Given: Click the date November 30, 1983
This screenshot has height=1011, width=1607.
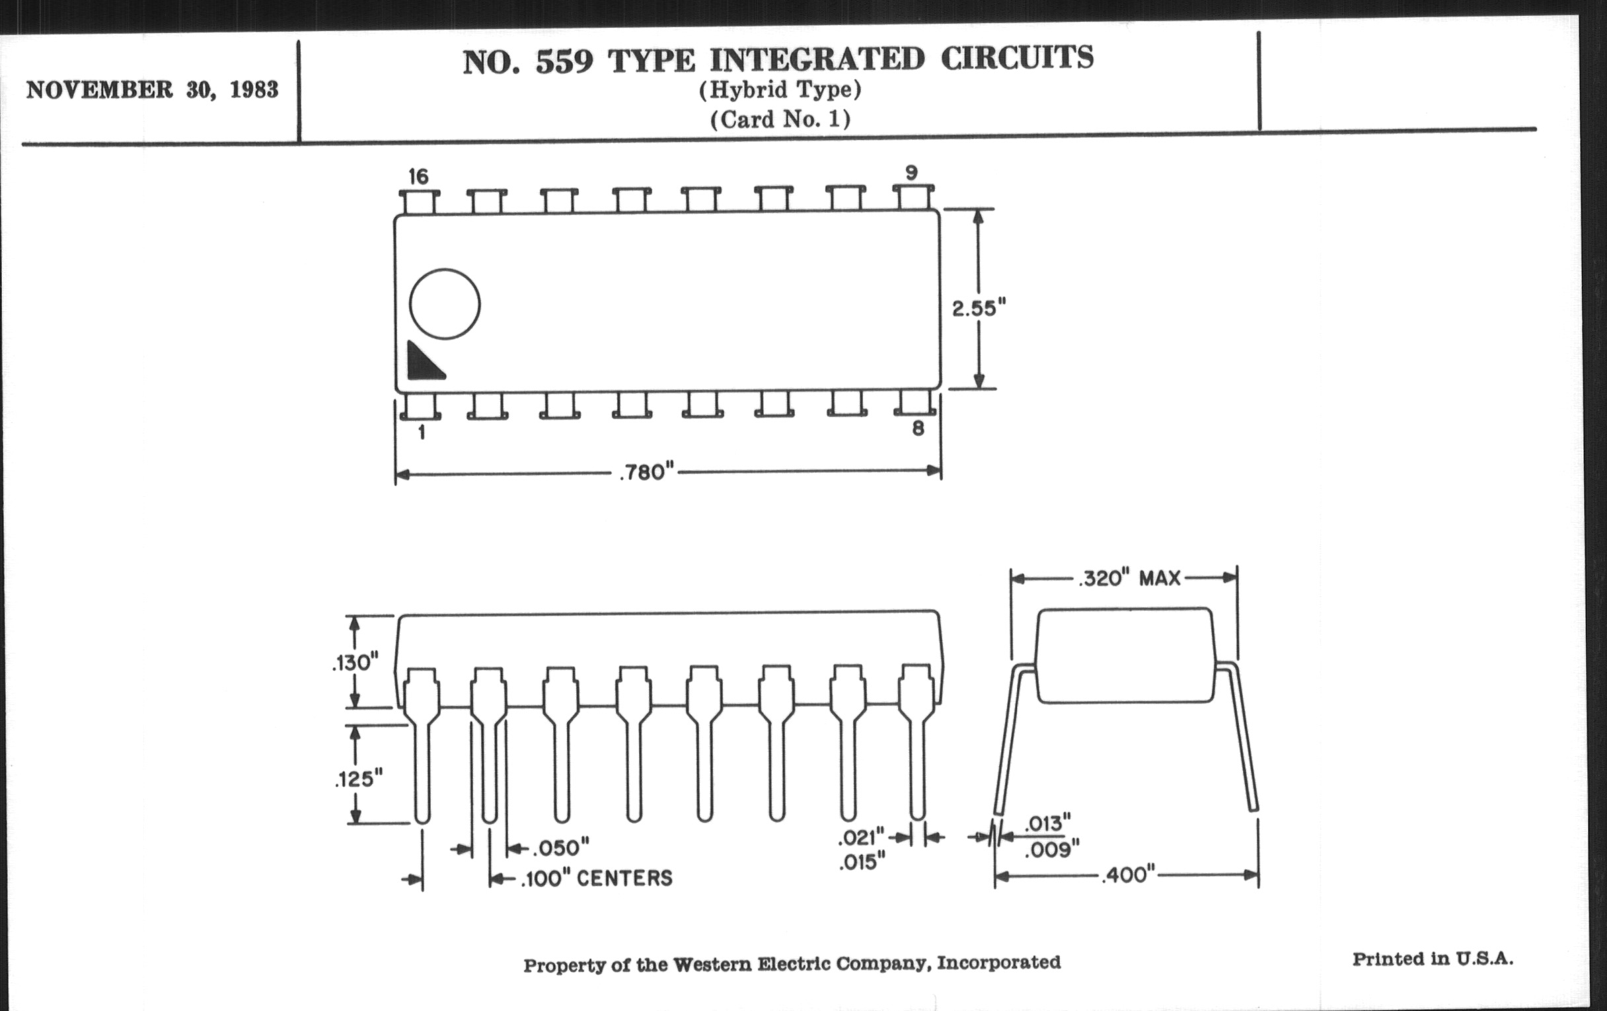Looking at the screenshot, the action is click(152, 89).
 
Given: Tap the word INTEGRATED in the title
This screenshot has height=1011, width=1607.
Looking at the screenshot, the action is click(817, 59).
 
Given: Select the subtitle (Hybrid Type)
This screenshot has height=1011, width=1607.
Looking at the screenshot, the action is click(780, 89).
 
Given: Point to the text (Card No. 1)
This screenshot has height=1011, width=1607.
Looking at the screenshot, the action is click(780, 120).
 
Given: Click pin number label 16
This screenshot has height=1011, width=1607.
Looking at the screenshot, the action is click(418, 177).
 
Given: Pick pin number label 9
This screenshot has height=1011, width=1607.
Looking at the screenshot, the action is click(911, 173).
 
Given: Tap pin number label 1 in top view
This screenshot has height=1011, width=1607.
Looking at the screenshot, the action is click(421, 432).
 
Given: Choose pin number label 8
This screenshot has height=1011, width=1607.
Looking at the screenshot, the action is click(918, 428).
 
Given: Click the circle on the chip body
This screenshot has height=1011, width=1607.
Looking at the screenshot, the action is click(445, 304).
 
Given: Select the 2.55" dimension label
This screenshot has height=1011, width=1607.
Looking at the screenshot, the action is click(979, 309).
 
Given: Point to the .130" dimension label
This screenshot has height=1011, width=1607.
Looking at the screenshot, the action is click(355, 663).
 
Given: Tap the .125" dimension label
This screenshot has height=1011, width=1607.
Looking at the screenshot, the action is click(358, 779).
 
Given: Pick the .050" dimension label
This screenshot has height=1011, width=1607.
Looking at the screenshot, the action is click(560, 848).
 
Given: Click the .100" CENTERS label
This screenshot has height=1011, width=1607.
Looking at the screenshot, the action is click(597, 878).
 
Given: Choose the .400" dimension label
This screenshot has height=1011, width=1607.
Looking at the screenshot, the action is click(1128, 874).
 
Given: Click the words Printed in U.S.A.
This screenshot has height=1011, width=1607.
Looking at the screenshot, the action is click(1433, 959).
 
